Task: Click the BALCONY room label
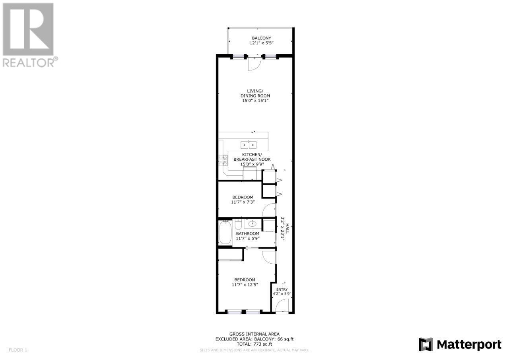261,38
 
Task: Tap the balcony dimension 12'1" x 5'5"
261,43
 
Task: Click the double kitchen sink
249,145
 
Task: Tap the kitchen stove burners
223,160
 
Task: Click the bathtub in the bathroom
225,232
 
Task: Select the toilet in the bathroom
238,224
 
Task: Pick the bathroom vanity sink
252,224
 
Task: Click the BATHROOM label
247,234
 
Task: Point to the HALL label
288,229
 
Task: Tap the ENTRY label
282,290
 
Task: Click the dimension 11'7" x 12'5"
245,284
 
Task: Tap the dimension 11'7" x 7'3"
243,202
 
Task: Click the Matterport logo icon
426,344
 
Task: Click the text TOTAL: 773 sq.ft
254,344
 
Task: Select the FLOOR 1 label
18,350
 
